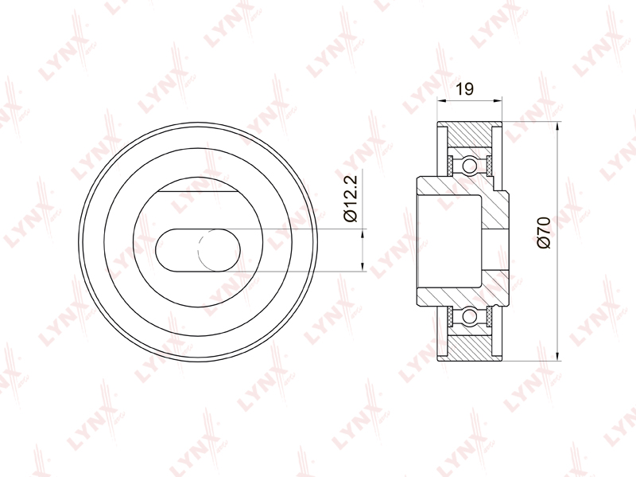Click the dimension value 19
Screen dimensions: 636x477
click(x=465, y=88)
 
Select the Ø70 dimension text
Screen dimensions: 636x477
click(x=544, y=233)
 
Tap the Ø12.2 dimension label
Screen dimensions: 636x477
click(x=351, y=198)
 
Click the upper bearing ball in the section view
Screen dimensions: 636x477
click(x=470, y=166)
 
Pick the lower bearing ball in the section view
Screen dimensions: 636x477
click(x=470, y=315)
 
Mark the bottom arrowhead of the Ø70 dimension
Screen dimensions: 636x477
click(x=558, y=356)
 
